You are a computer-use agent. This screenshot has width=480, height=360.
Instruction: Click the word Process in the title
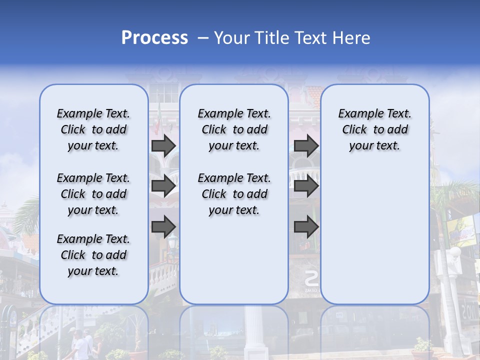pyautogui.click(x=154, y=38)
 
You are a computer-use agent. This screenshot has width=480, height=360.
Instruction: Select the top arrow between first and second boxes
pyautogui.click(x=163, y=145)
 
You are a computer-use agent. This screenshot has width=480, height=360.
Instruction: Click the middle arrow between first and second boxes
pyautogui.click(x=163, y=186)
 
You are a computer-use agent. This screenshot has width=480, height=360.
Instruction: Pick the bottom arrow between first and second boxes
pyautogui.click(x=163, y=227)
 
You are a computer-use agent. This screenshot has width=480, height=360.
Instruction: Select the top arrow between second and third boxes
pyautogui.click(x=306, y=145)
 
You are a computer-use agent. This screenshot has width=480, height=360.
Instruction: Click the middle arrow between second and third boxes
pyautogui.click(x=306, y=186)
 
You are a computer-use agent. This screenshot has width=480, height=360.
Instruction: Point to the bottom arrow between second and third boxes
pyautogui.click(x=306, y=227)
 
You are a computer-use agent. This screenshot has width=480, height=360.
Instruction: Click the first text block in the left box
pyautogui.click(x=93, y=129)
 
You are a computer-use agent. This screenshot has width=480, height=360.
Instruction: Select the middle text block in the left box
pyautogui.click(x=93, y=194)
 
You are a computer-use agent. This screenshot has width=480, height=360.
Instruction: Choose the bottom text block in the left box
pyautogui.click(x=93, y=255)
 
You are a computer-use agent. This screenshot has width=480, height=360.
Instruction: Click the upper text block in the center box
pyautogui.click(x=234, y=129)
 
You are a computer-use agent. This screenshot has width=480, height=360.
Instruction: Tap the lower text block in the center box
pyautogui.click(x=234, y=194)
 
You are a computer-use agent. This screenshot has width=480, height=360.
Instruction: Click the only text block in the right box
pyautogui.click(x=375, y=129)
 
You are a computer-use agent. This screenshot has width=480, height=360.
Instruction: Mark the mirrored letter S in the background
pyautogui.click(x=311, y=278)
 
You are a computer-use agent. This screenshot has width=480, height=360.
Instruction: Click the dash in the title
pyautogui.click(x=202, y=38)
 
